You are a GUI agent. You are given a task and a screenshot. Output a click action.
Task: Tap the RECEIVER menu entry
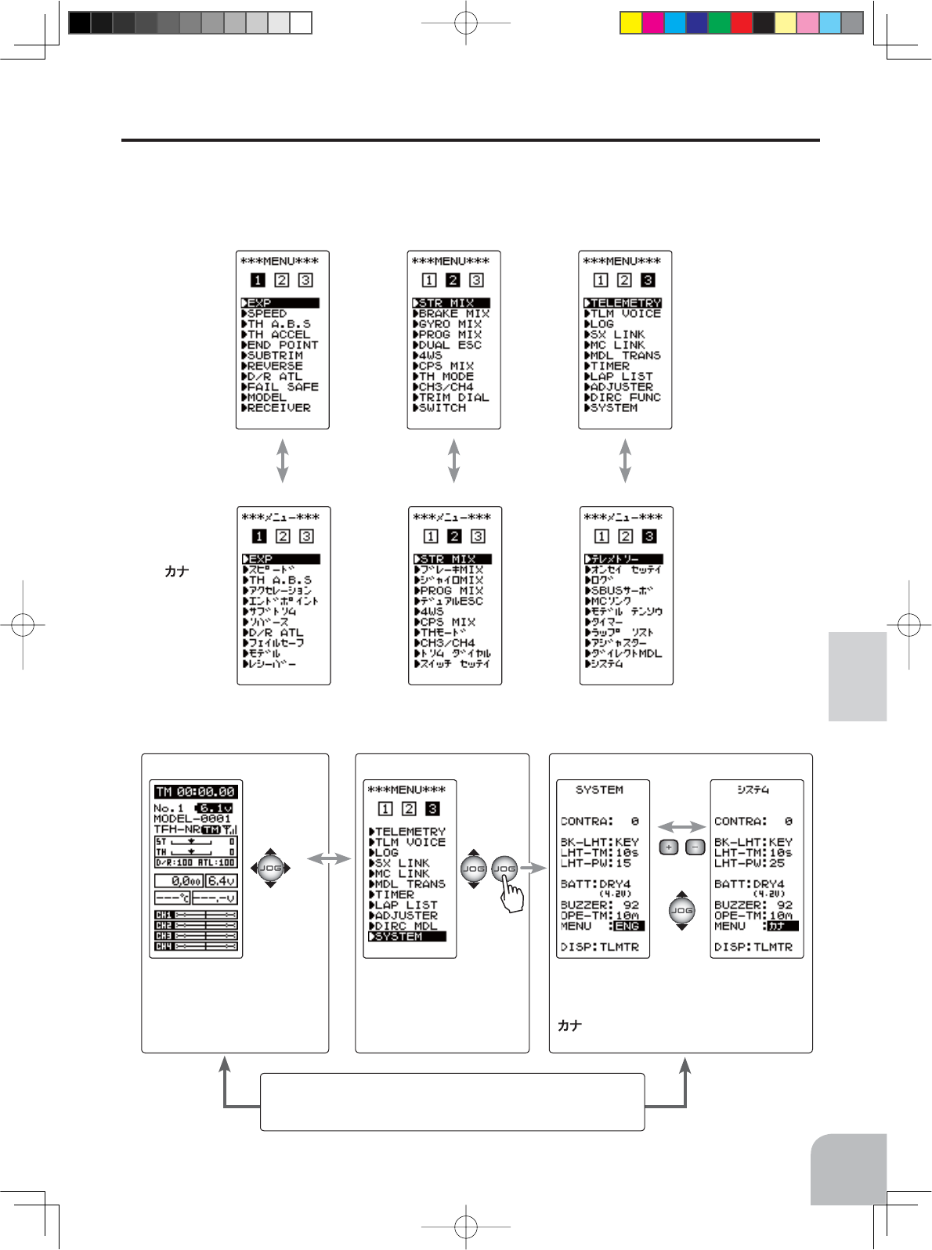(278, 408)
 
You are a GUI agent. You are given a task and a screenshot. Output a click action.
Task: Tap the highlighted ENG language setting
(627, 926)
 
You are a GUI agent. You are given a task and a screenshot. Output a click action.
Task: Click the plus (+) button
(668, 847)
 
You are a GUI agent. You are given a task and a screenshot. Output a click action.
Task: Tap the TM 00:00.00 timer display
(195, 792)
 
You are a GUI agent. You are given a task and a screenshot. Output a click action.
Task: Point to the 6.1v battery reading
(214, 808)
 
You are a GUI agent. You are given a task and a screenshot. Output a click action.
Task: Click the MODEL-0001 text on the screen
(192, 818)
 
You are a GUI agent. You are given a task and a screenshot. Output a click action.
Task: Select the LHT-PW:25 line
(750, 863)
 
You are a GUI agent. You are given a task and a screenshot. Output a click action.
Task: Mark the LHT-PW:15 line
(596, 863)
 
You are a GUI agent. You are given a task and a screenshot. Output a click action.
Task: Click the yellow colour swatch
(630, 23)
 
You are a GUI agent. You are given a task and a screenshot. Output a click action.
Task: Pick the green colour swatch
(719, 23)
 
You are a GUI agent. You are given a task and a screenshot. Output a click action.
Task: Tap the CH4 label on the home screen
(164, 946)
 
